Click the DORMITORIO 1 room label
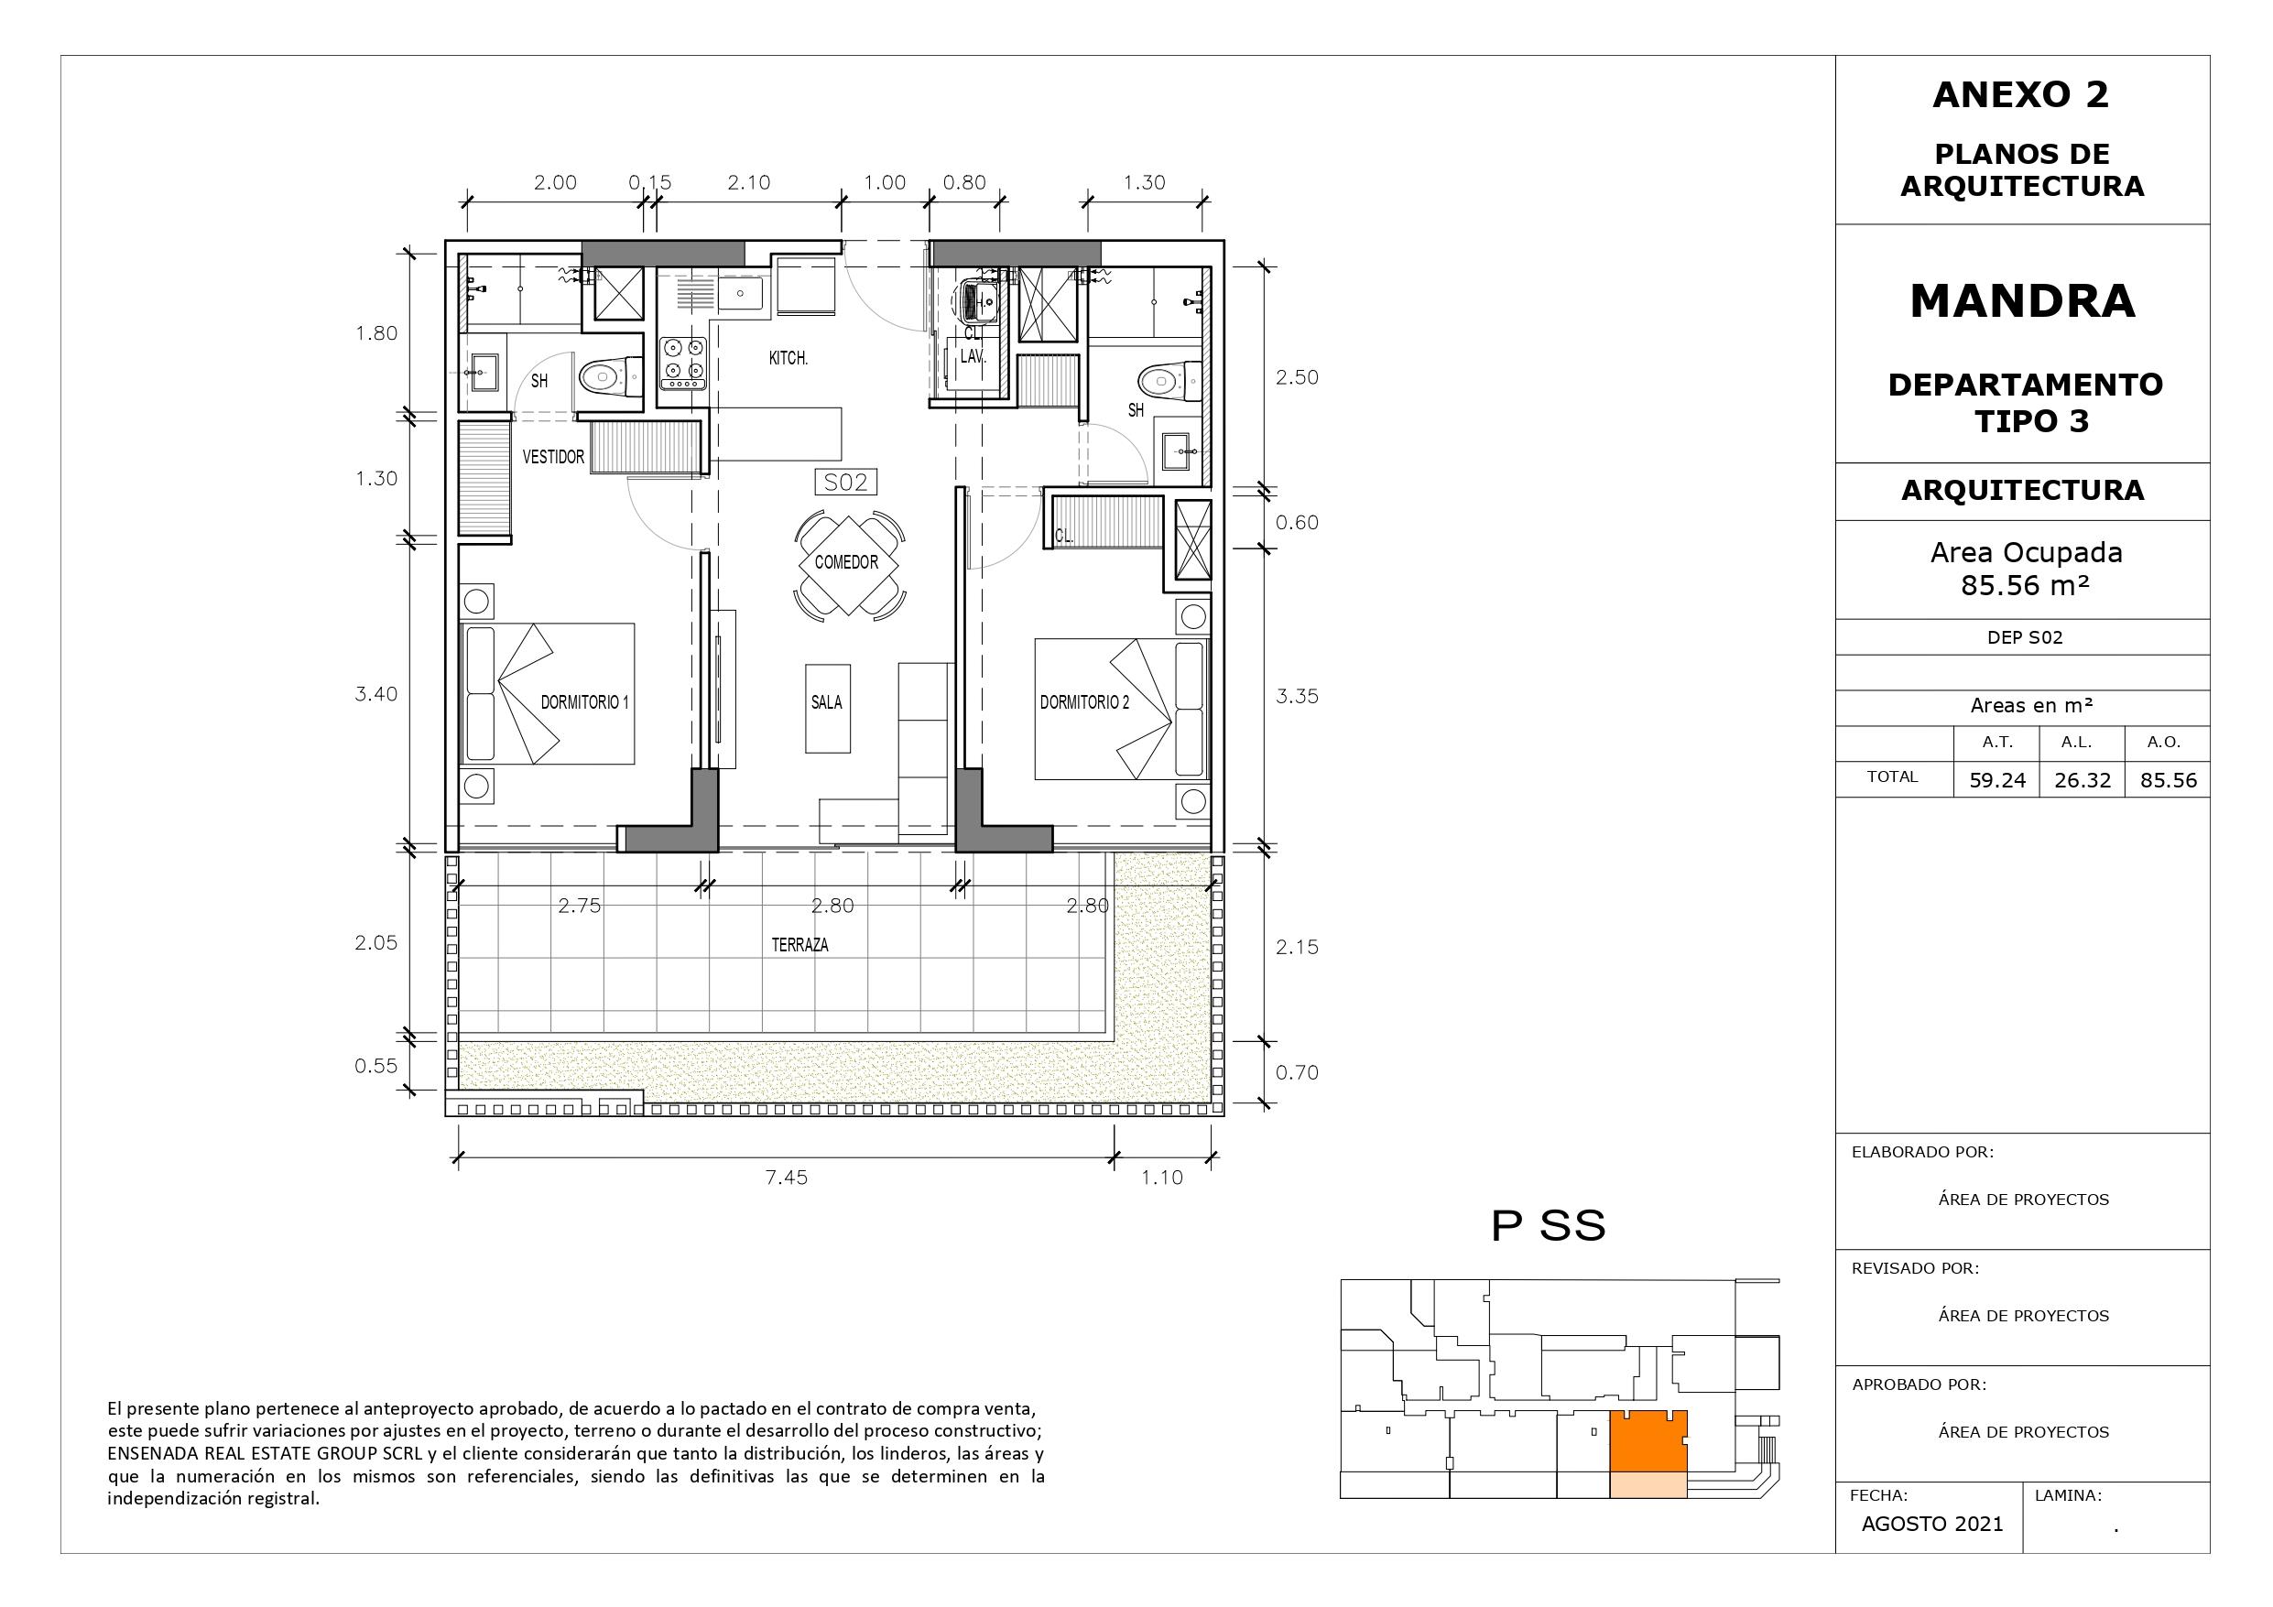[584, 702]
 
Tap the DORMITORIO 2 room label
[1084, 702]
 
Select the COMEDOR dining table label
[846, 562]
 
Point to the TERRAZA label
[799, 945]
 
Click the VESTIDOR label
[553, 456]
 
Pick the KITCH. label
[788, 357]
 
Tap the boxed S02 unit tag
[845, 483]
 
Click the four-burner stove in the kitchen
[682, 363]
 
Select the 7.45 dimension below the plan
[786, 1178]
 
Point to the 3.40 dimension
[376, 694]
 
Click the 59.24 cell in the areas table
[1997, 780]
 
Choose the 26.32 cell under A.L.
[2083, 780]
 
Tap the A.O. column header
[2164, 742]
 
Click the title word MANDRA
[2023, 301]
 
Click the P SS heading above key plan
[1549, 1226]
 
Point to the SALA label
[827, 702]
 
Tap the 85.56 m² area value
[2026, 585]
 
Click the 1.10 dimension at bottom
[1161, 1178]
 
